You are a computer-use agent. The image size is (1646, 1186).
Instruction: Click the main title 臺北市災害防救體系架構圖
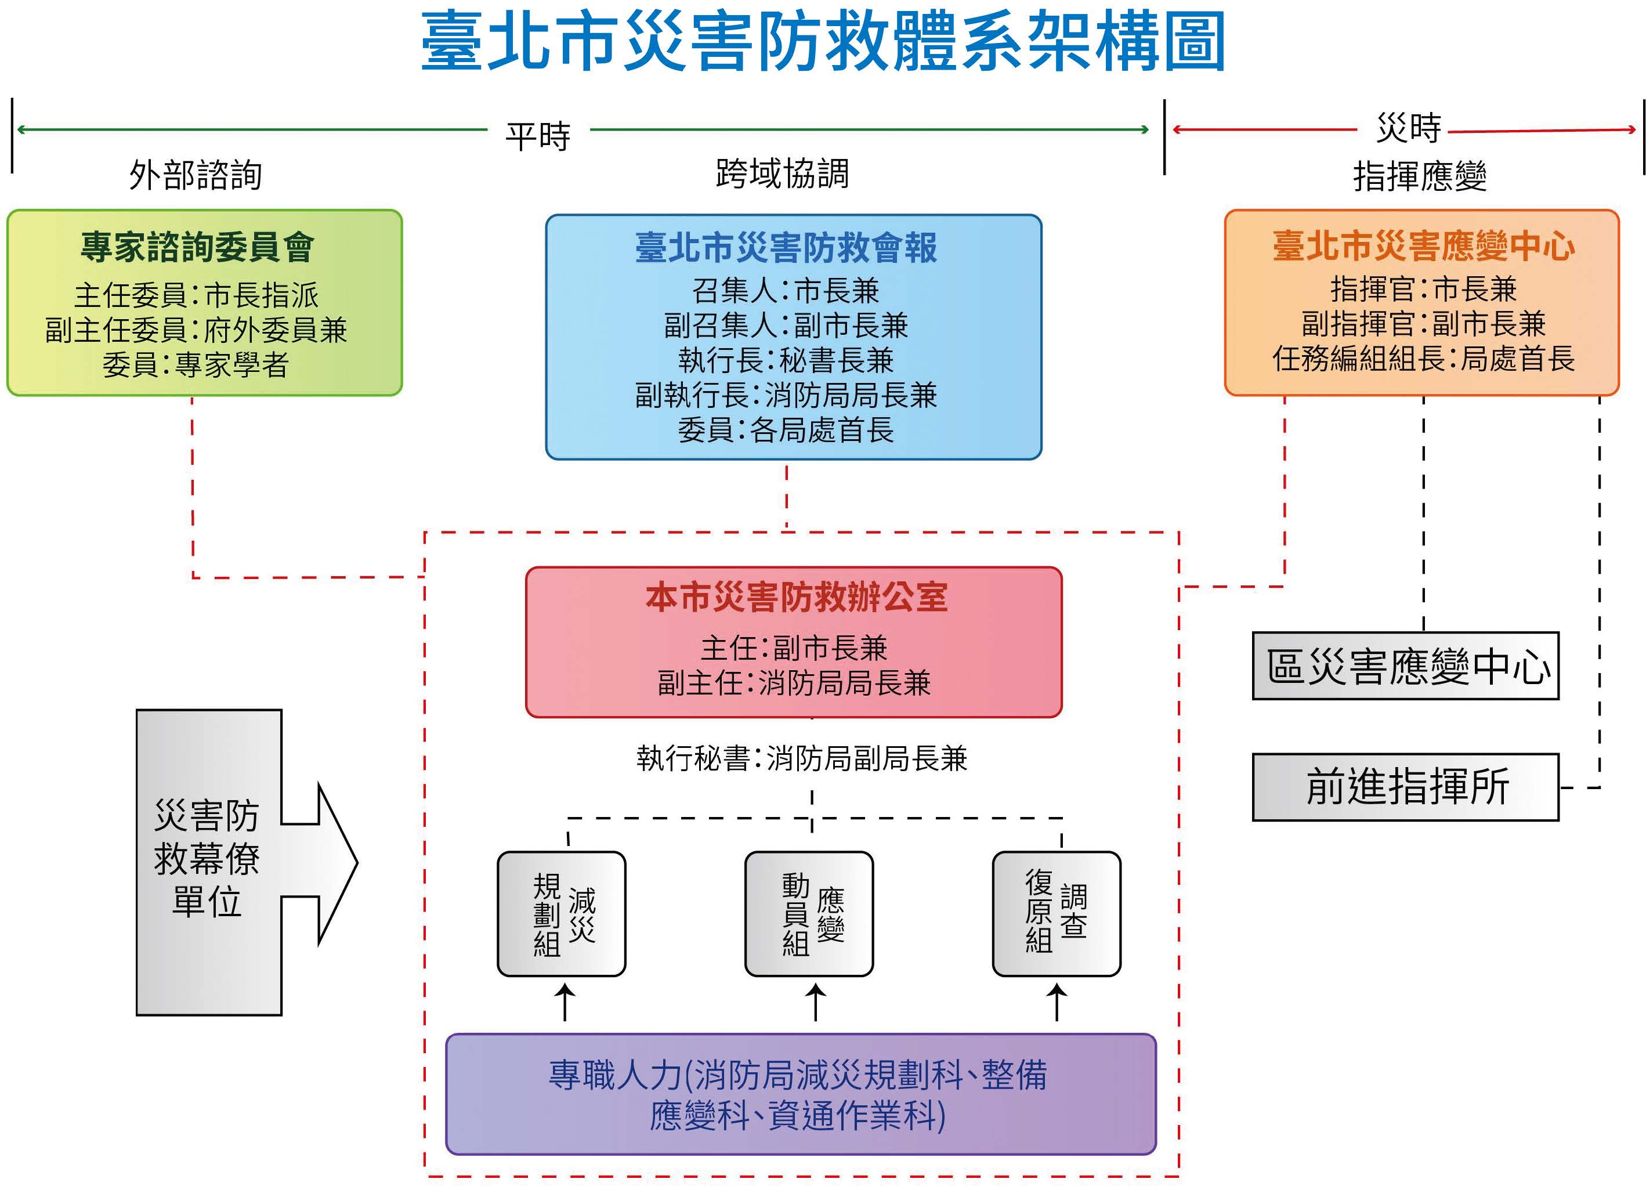[823, 42]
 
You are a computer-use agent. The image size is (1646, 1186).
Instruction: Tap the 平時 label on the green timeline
[538, 136]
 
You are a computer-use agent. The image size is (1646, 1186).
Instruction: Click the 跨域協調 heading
[782, 173]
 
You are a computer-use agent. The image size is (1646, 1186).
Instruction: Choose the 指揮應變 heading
[1420, 176]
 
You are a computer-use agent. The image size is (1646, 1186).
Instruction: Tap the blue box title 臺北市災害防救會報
[786, 248]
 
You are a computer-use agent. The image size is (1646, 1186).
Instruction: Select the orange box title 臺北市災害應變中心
[1423, 246]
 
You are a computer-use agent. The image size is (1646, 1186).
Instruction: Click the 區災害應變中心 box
[1405, 666]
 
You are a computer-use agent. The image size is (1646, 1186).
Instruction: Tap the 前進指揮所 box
[1405, 787]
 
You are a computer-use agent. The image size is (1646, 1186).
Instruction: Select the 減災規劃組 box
[561, 914]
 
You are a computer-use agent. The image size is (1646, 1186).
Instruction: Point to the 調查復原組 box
[1056, 914]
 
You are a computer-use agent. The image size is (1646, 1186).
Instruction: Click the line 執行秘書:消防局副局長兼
[801, 758]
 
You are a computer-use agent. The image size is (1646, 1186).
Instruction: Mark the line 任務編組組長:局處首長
[1423, 359]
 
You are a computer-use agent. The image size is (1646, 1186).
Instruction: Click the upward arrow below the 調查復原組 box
[1056, 1001]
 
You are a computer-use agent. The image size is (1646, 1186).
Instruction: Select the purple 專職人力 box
[800, 1094]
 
